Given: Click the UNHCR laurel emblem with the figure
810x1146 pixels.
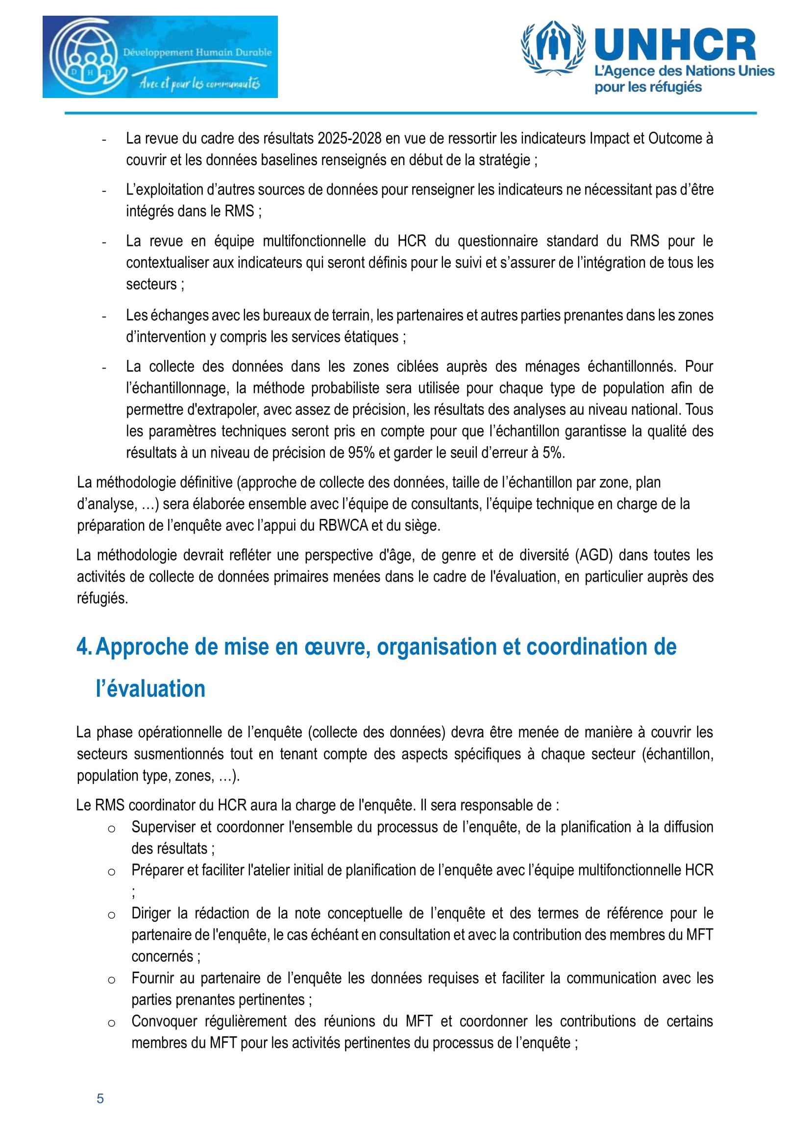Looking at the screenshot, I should tap(553, 48).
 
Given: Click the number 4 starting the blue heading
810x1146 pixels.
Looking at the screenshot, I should tap(83, 647).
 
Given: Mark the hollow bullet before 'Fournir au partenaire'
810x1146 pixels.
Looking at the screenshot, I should tap(112, 979).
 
